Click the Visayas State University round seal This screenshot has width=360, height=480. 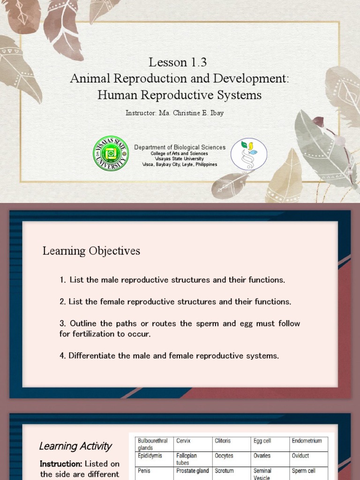(x=111, y=153)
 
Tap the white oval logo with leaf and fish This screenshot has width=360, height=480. (x=249, y=154)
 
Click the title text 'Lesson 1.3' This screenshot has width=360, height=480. (x=178, y=62)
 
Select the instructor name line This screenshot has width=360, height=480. (x=174, y=113)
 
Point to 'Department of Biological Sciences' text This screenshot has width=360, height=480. (x=180, y=147)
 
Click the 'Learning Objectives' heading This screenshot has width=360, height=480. (x=91, y=251)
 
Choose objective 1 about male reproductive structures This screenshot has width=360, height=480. (x=172, y=280)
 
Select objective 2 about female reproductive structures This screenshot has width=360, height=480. (x=175, y=301)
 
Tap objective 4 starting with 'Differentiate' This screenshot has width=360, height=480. (x=169, y=356)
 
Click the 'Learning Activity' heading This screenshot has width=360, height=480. (x=75, y=446)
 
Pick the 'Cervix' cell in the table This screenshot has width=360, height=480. (x=184, y=441)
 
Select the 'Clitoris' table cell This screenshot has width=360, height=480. (x=223, y=441)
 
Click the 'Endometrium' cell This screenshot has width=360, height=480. (x=307, y=441)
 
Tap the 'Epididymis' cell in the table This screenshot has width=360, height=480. (x=150, y=456)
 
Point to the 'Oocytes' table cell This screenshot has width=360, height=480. (x=224, y=456)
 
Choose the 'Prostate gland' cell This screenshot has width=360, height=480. (x=193, y=471)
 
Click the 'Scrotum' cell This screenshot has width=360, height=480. (x=224, y=471)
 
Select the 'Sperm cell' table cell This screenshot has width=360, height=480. (x=304, y=471)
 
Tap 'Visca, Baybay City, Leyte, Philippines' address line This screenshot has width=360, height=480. (x=180, y=165)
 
